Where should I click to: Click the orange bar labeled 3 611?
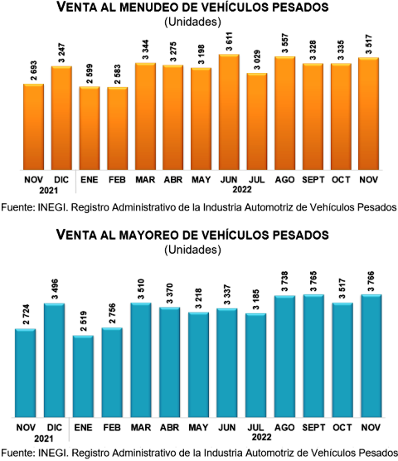(x=229, y=112)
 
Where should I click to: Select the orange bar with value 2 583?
(x=117, y=129)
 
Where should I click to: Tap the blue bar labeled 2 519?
(x=83, y=376)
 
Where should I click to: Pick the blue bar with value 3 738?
(x=285, y=357)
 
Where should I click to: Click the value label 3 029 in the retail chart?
(x=257, y=60)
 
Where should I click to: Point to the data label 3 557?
(x=285, y=43)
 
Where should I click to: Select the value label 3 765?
(x=313, y=281)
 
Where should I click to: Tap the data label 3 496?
(x=55, y=289)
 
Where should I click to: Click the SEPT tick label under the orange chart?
(x=313, y=180)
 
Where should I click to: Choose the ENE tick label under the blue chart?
(x=83, y=427)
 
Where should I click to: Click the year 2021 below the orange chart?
(x=48, y=191)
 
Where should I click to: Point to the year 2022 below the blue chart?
(x=261, y=437)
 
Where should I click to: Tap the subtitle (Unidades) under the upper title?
(x=193, y=22)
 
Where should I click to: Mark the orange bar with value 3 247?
(x=61, y=118)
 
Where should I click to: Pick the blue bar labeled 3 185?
(x=255, y=365)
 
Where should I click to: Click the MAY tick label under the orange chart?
(x=201, y=180)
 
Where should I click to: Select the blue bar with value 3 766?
(x=371, y=356)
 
